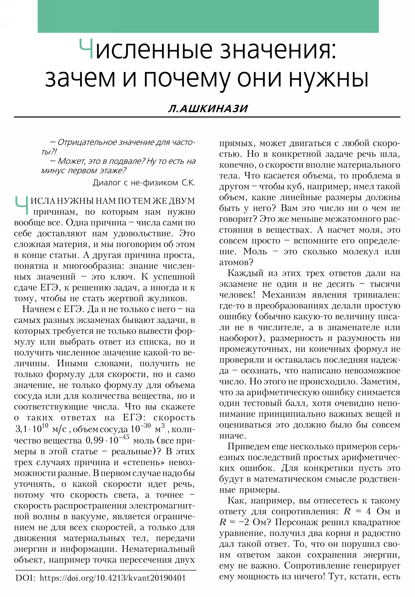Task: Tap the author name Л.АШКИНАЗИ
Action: (x=208, y=108)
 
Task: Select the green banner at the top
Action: (x=208, y=16)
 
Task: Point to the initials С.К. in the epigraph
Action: (x=188, y=183)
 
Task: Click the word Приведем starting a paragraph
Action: (x=248, y=446)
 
